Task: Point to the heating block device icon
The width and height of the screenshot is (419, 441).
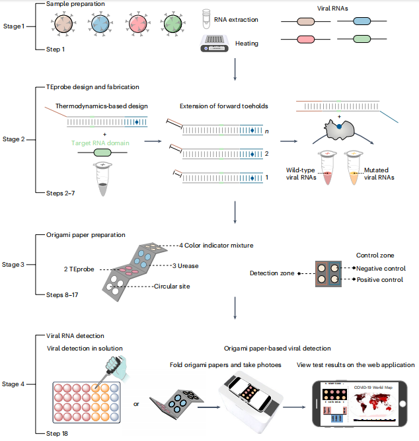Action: tap(213, 44)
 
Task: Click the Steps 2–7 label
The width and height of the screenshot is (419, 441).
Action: tap(62, 192)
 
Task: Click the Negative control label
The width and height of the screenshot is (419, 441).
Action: tap(381, 268)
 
